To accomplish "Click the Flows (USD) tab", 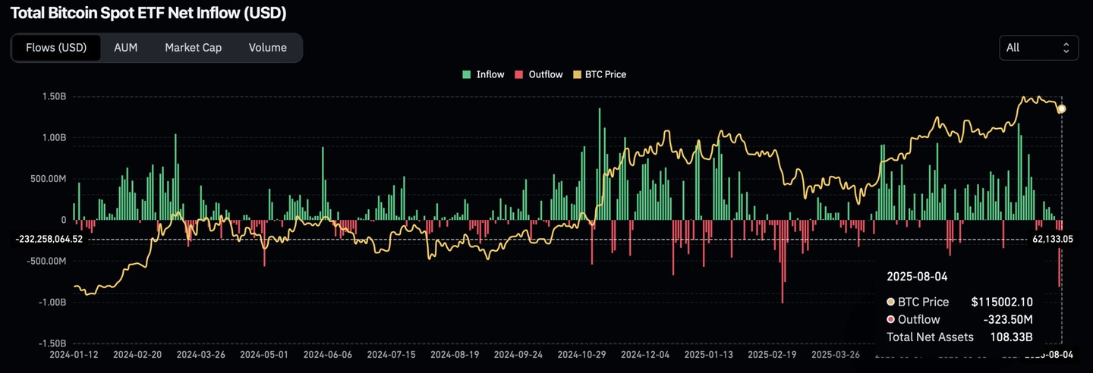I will click(56, 48).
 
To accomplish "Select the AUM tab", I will click(125, 48).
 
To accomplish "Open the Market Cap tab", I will click(193, 48).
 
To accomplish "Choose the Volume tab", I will click(267, 48).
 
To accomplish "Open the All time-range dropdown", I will click(1038, 48).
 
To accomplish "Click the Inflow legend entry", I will click(484, 74).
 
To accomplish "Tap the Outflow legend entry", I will click(539, 74).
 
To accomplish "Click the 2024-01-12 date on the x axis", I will click(74, 354).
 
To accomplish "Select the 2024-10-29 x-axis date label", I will click(582, 354).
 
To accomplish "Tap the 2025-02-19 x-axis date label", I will click(772, 354).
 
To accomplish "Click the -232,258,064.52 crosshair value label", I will click(49, 240).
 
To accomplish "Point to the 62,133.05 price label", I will click(1052, 240).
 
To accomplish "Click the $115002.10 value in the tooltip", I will click(1002, 302).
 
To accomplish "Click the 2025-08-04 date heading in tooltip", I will click(917, 277).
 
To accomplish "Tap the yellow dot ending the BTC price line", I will click(1061, 109).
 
